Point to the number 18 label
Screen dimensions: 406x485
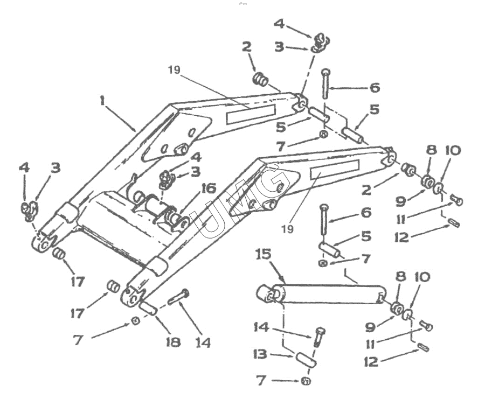[172, 342]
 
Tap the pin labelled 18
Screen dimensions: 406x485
[148, 308]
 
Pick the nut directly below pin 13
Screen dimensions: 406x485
[306, 381]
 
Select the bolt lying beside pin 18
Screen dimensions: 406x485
[178, 297]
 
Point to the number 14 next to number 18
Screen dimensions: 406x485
[204, 342]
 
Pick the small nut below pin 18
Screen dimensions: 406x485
[136, 321]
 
